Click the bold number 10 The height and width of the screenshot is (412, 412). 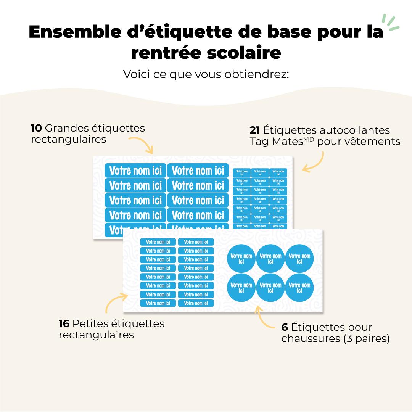(36, 128)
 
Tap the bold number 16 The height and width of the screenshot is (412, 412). (64, 324)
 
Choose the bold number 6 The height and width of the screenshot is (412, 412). (285, 327)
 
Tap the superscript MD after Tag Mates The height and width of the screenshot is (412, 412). (309, 139)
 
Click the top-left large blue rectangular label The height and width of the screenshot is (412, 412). (135, 171)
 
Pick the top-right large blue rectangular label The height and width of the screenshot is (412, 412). (198, 171)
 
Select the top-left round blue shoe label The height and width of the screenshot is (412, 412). (241, 258)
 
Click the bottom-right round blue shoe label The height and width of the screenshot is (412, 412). (299, 287)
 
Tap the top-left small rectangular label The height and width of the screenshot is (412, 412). (158, 242)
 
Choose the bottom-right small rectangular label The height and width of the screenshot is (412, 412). (196, 303)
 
